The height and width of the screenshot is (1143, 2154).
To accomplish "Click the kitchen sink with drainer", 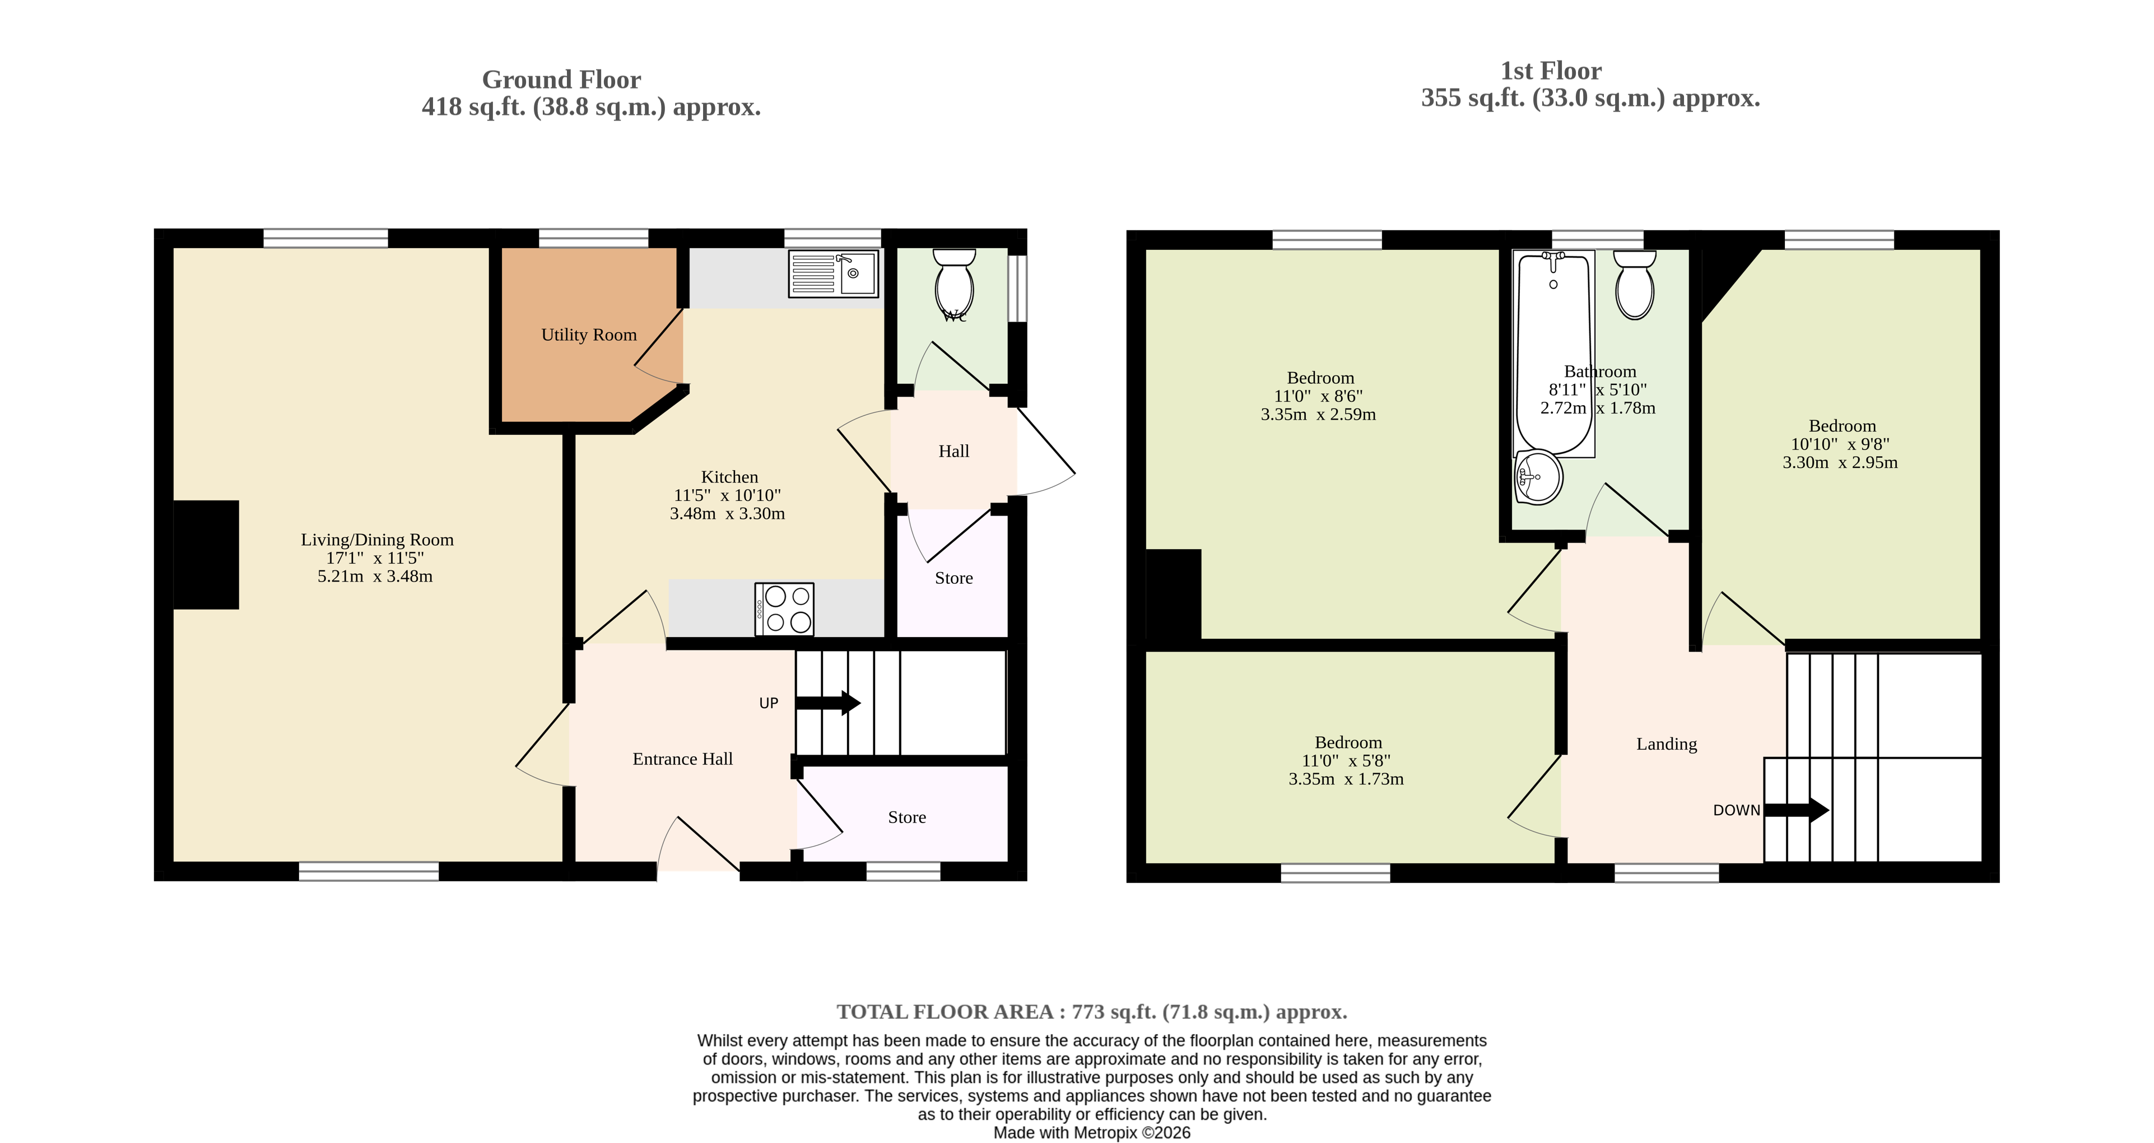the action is pos(834,273).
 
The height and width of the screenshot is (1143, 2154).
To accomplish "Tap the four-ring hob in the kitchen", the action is pos(784,608).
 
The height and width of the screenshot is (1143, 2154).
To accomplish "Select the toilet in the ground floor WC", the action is pos(954,282).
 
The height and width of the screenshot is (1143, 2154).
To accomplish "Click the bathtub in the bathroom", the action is pos(1555,353).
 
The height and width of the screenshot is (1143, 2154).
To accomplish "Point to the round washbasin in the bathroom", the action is pos(1538,477).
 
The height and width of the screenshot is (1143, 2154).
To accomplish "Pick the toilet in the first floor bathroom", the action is pos(1635,284).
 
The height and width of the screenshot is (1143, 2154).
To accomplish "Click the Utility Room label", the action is pos(589,334).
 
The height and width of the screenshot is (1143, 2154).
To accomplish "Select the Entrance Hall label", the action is pos(682,759).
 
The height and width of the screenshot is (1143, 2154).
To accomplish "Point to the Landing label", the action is pos(1667,744).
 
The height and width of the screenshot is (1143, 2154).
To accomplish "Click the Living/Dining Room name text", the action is pos(377,540).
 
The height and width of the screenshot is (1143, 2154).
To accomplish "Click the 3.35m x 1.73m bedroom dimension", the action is pos(1346,778).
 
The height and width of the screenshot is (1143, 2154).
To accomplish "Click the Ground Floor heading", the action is pos(561,80).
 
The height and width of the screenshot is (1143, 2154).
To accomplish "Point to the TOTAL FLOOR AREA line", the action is pos(1092,1012).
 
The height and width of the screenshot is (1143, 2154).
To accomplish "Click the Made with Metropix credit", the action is pos(1092,1132).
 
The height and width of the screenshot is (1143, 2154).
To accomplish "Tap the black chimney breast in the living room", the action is pos(206,554).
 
